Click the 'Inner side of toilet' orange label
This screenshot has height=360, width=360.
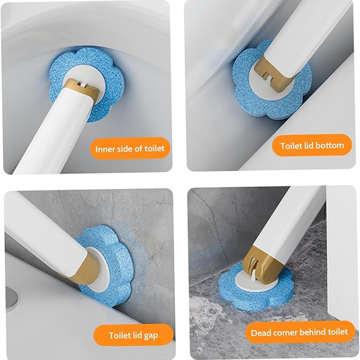130,148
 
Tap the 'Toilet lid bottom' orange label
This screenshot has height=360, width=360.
312,145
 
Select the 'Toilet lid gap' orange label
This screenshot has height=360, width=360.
133,335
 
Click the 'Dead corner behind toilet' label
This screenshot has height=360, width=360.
300,332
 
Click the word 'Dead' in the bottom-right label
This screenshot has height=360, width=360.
260,332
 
